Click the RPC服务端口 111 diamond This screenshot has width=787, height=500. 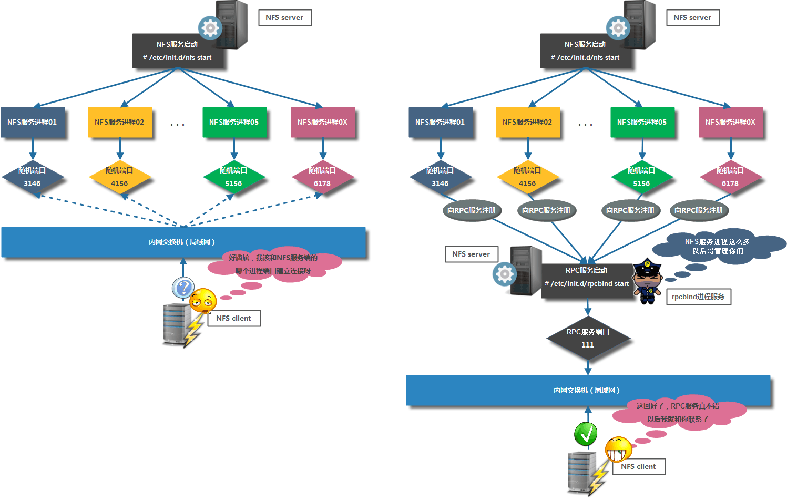(x=588, y=339)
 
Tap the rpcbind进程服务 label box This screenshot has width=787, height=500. (x=698, y=297)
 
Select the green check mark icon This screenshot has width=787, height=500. (x=586, y=434)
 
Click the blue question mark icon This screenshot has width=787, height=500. (x=183, y=288)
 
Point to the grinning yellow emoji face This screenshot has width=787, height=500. (x=618, y=449)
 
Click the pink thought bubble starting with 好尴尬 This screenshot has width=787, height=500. (x=273, y=264)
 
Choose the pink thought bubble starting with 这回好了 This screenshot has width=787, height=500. (x=678, y=413)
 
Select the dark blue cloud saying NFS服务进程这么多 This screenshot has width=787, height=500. (x=718, y=246)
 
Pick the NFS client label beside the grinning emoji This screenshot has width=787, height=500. (x=638, y=466)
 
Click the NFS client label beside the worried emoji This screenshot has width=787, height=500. (x=234, y=318)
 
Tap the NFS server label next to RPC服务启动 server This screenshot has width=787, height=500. (x=471, y=254)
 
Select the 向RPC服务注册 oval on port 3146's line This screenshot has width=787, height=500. (x=472, y=210)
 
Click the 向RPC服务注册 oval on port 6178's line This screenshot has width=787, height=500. (x=699, y=210)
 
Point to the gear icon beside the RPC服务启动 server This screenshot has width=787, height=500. (x=505, y=274)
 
